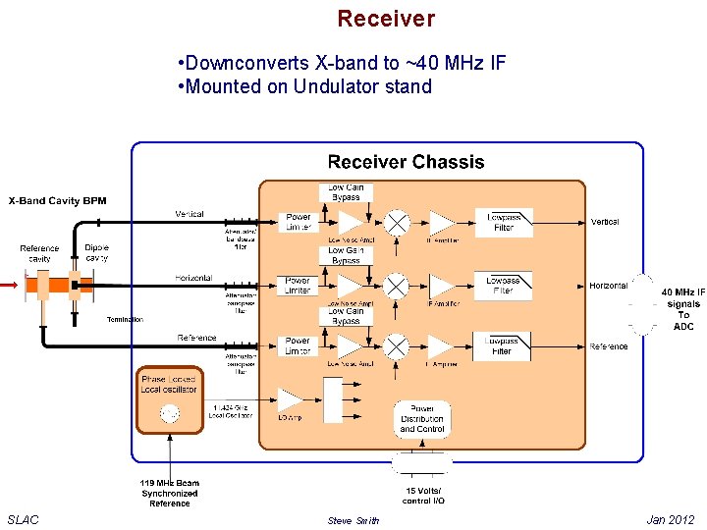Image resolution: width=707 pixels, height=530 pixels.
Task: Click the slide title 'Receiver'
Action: tap(385, 19)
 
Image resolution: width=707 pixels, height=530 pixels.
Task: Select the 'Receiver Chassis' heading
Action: tap(406, 163)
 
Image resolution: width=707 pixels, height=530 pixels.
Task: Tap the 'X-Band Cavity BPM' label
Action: tap(58, 201)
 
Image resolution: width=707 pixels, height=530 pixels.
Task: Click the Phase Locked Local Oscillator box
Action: tap(168, 399)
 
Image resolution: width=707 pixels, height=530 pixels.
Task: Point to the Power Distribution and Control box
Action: tap(422, 419)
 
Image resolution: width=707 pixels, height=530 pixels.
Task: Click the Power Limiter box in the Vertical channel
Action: tap(298, 223)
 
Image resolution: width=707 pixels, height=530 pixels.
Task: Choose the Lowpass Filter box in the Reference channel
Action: tap(502, 345)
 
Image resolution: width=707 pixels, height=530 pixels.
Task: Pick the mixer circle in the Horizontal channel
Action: tap(396, 286)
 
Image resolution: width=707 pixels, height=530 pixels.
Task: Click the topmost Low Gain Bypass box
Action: tap(346, 193)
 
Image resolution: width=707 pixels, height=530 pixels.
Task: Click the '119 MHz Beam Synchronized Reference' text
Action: tap(169, 493)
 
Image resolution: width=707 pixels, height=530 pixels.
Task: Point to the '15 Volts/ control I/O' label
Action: tap(424, 496)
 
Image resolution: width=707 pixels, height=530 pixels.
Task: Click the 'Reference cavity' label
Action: tap(39, 253)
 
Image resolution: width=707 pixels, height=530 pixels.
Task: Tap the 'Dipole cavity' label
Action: tap(96, 252)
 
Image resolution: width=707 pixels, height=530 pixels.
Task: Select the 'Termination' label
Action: tap(125, 319)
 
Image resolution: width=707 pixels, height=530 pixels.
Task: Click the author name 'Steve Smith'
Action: tap(353, 520)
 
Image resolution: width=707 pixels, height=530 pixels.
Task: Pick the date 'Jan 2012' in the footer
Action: tap(671, 519)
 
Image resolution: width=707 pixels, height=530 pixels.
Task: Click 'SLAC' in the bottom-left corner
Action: tap(23, 519)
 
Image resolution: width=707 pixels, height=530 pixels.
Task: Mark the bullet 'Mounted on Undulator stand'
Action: tap(305, 86)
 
